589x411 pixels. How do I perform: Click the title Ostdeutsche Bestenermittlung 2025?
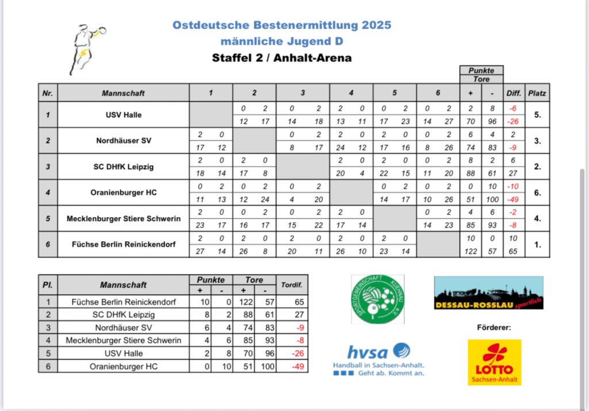tap(282, 25)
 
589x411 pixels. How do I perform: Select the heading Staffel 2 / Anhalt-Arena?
tap(282, 58)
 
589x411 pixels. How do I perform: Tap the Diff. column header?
tap(514, 93)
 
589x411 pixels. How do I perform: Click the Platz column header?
tap(537, 93)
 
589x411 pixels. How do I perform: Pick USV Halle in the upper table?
tap(124, 115)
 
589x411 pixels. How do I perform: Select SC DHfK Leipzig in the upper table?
tap(124, 167)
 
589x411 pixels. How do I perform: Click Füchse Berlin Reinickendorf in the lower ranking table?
tap(124, 302)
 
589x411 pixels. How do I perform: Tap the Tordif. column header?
tap(291, 284)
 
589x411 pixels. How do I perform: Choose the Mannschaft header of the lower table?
tap(123, 284)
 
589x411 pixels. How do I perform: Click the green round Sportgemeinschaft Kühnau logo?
tap(377, 299)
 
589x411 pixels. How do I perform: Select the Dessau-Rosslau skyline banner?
tap(488, 293)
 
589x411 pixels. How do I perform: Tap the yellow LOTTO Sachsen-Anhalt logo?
tap(494, 362)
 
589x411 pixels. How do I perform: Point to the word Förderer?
tap(494, 328)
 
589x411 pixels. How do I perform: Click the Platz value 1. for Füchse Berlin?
tap(537, 245)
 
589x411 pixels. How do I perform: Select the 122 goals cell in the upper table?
tap(471, 252)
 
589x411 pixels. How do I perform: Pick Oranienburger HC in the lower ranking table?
tap(124, 366)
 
